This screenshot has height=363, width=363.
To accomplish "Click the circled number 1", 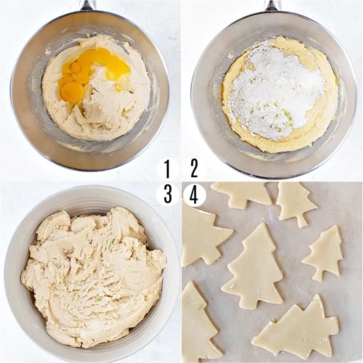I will (x=168, y=169).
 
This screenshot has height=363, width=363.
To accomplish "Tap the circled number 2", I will (x=194, y=169).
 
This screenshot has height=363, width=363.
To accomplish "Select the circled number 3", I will (x=168, y=194).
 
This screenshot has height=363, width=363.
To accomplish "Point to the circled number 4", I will (x=194, y=194).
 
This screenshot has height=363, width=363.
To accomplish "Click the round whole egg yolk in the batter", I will (x=72, y=91).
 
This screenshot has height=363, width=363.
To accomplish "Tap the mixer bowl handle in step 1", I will (x=87, y=5).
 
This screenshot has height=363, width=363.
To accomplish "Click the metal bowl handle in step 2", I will (x=272, y=5).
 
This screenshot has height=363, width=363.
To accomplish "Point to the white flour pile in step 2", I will (x=272, y=91).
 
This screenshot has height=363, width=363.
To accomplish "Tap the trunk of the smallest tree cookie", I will (x=317, y=277).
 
